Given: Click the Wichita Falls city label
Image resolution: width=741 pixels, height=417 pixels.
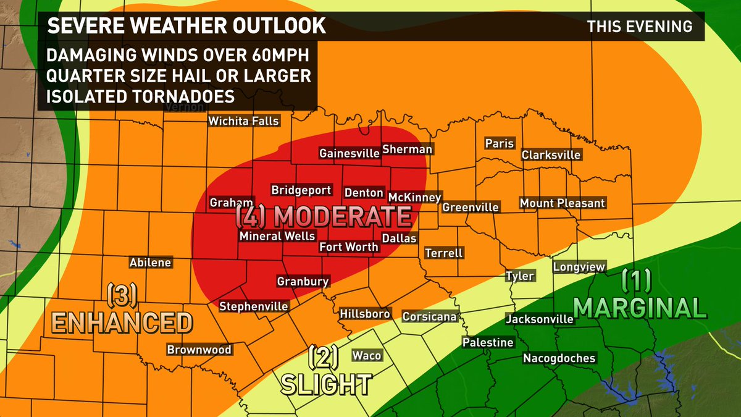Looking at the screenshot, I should (243, 121).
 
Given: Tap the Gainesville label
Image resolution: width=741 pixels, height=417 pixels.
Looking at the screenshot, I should (349, 153).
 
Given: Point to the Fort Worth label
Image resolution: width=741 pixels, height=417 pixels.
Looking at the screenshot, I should (349, 247).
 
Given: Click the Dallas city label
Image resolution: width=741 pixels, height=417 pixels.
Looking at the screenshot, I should (400, 238).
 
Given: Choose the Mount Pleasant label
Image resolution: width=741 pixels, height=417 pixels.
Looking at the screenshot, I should (562, 203).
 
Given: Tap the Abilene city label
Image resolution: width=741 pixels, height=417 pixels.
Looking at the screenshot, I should (150, 263).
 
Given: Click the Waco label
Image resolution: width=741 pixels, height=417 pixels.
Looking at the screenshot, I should (367, 355).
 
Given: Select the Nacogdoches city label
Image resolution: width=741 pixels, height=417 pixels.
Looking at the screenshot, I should (559, 358).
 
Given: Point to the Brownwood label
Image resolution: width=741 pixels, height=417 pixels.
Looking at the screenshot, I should (199, 350).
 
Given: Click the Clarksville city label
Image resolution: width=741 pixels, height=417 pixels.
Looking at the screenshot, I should (551, 154).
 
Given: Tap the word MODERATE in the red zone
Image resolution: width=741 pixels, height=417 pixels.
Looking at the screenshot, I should (341, 217).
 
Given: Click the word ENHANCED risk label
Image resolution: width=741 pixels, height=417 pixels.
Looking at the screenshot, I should (121, 322).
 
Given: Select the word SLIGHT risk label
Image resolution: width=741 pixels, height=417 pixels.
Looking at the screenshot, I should (326, 384).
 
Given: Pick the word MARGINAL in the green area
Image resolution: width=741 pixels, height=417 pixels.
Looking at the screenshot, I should (639, 307).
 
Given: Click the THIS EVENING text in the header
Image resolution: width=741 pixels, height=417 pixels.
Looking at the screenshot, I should (640, 27).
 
